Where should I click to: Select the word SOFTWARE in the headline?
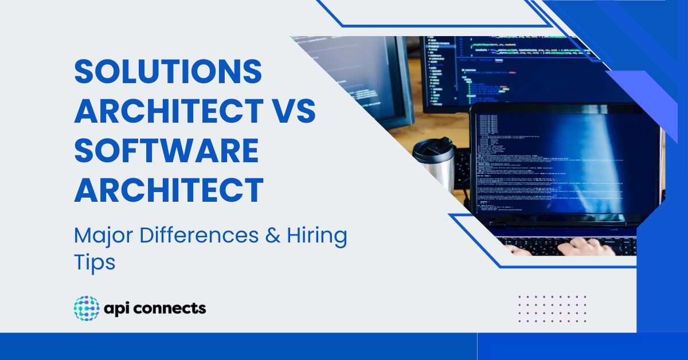click(x=167, y=152)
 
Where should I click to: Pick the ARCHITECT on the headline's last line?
click(x=169, y=190)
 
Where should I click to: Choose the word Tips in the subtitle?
click(x=95, y=262)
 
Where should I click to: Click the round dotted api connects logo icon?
click(x=87, y=308)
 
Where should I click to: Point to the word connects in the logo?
click(x=173, y=308)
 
